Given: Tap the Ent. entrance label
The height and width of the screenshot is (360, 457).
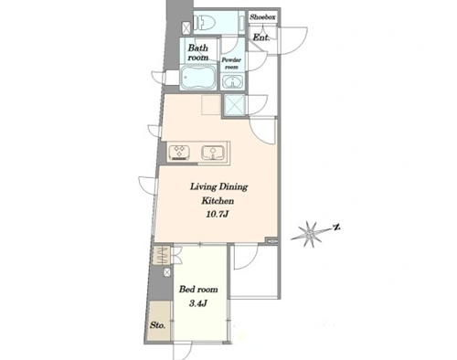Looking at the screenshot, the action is coord(261,37).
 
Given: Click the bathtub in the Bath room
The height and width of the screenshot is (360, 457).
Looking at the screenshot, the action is coord(198,78).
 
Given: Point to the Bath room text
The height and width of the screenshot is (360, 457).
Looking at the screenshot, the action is coord(198,52).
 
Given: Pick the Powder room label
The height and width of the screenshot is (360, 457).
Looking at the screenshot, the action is coord(231,63).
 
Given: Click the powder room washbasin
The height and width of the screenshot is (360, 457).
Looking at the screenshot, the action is coord(233,82).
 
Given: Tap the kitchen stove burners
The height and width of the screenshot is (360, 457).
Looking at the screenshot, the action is coord(179,152).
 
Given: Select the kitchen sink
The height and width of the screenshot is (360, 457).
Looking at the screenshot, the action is coord(213,153).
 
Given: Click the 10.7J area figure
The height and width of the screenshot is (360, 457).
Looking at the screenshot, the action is coord(218,215).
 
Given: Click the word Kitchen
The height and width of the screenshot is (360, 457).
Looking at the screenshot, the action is coord(218,201).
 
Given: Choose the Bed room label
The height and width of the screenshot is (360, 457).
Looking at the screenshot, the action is coord(198,289).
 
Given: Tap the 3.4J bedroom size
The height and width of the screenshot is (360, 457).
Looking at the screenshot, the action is coord(198,303).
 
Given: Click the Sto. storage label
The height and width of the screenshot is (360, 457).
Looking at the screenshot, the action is coord(158,325).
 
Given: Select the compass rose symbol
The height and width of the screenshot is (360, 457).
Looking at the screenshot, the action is coord(311,234).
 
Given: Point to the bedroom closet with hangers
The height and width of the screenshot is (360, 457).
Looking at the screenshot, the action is coord(163,255).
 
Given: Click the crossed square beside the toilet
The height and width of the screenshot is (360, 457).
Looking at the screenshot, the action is coord(186,28).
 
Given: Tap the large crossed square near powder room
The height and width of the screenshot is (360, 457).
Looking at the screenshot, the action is coord(235,105).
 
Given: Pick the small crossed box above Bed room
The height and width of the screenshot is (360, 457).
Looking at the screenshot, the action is coord(167,272).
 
